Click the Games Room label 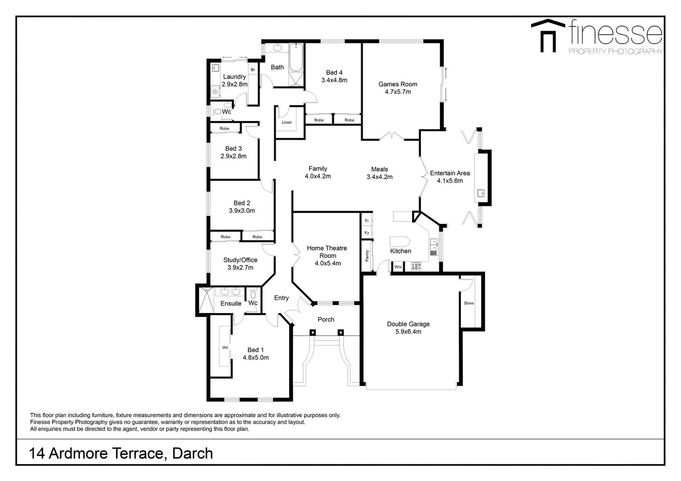click(x=398, y=84)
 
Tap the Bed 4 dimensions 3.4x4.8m click(x=334, y=80)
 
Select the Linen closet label click(x=287, y=122)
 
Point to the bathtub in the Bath click(x=296, y=58)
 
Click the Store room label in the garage click(x=468, y=303)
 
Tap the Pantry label click(x=367, y=256)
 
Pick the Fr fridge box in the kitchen click(x=367, y=221)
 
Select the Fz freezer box click(x=367, y=233)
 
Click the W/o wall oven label click(x=398, y=267)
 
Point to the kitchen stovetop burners click(x=416, y=267)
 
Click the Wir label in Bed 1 click(x=225, y=347)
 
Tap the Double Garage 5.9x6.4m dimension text click(x=409, y=332)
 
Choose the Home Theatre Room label click(x=327, y=252)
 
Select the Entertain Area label click(x=450, y=173)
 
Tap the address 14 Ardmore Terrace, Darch click(x=121, y=453)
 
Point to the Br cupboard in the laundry click(x=252, y=70)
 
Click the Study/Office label click(x=240, y=260)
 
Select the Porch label click(x=326, y=319)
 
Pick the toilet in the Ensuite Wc click(x=253, y=294)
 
